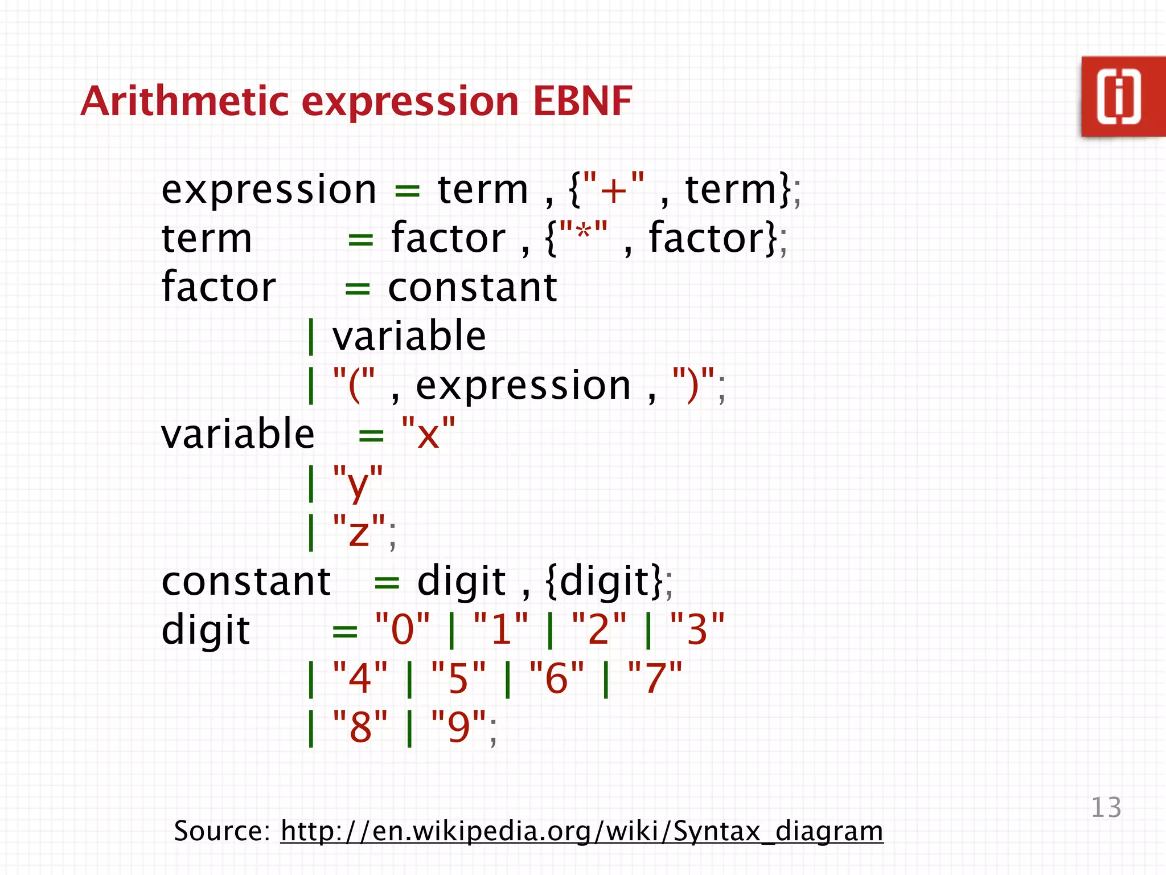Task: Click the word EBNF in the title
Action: (x=582, y=101)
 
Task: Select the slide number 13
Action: (x=1106, y=807)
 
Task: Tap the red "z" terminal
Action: (x=359, y=531)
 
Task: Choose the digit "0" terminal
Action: (x=403, y=629)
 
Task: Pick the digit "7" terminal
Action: (x=655, y=678)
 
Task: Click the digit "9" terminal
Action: (x=459, y=727)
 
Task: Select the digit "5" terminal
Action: (x=458, y=678)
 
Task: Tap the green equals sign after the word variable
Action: (x=371, y=436)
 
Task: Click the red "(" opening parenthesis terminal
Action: (x=354, y=385)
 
